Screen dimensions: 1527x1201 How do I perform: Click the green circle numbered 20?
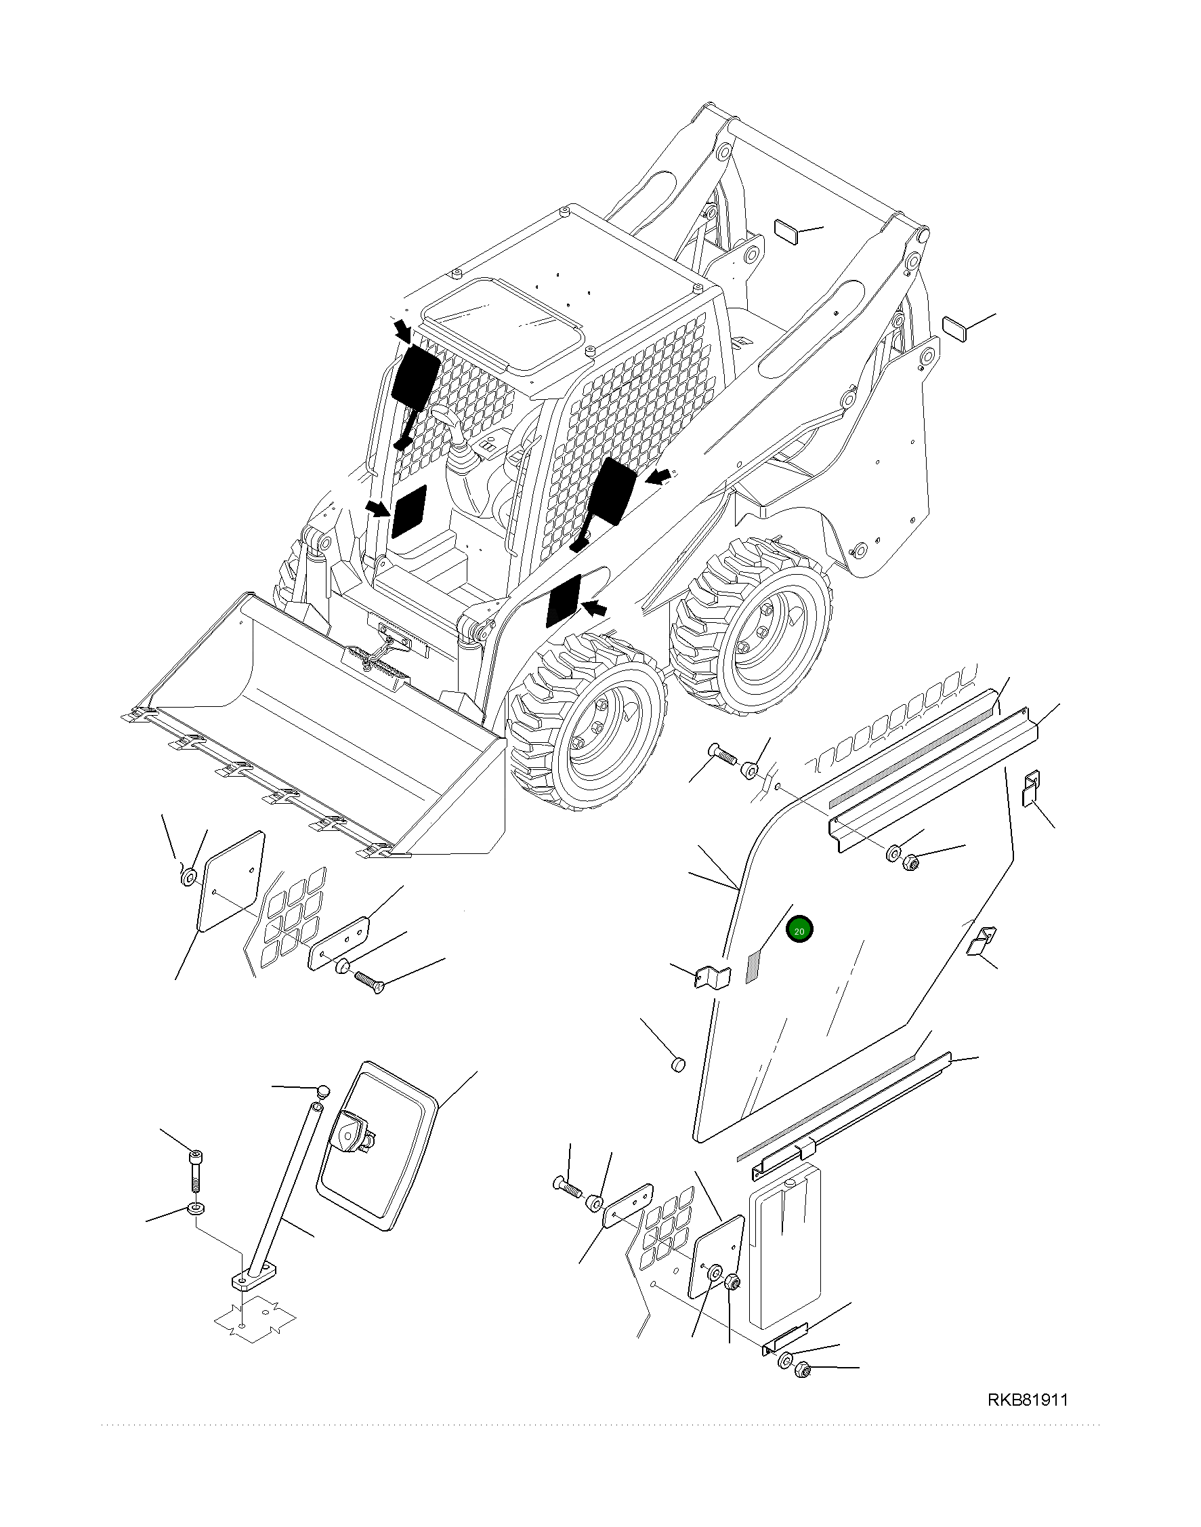coord(799,930)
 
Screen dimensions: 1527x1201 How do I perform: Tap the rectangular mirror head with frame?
coord(377,1147)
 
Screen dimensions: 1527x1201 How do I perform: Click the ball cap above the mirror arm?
coord(322,1091)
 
